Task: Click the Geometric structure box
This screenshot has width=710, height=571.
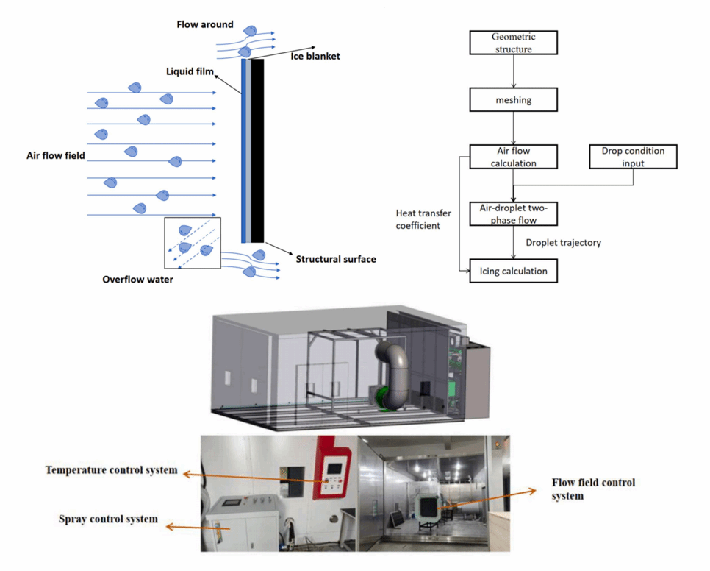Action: (x=513, y=43)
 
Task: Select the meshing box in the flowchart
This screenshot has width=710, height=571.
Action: (x=513, y=99)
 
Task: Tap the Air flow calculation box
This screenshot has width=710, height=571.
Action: (x=513, y=157)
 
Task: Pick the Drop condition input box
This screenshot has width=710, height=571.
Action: (x=633, y=157)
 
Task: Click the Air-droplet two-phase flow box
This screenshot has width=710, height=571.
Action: (x=513, y=213)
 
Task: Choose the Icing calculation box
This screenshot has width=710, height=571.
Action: (x=513, y=271)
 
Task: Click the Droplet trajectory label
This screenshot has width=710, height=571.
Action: (x=563, y=242)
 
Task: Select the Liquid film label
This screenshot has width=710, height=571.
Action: (x=190, y=71)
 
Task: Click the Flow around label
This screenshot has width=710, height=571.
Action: (x=204, y=24)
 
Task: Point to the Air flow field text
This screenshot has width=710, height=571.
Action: (x=56, y=156)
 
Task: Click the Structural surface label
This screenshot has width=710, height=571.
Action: (x=336, y=259)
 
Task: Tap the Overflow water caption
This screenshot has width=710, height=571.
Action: (x=138, y=280)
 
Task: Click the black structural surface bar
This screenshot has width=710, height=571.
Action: (x=258, y=151)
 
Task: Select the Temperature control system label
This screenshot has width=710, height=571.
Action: (x=111, y=470)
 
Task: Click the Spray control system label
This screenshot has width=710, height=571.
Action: (x=108, y=519)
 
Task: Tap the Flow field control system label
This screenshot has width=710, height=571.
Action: (x=593, y=489)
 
